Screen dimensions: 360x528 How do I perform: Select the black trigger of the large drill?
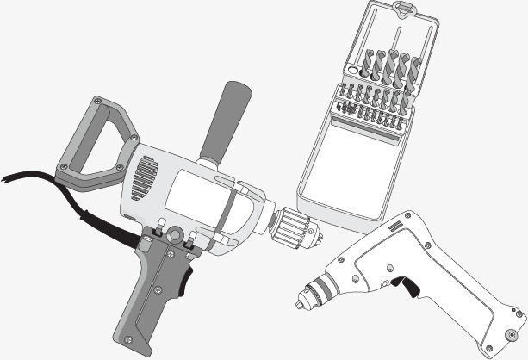187,276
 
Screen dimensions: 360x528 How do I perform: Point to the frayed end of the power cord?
7,177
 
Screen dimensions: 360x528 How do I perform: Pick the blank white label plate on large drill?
196,195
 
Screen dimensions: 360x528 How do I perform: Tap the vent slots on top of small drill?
397,226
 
